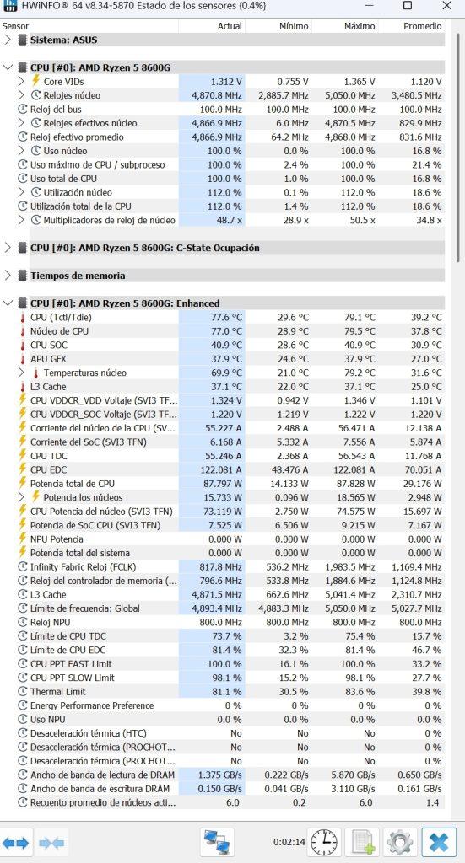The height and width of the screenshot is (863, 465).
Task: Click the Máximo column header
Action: tap(360, 26)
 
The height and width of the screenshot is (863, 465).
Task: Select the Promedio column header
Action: tap(423, 26)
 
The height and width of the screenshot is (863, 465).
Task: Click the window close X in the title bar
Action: tap(446, 6)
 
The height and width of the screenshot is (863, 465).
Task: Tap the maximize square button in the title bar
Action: tap(408, 6)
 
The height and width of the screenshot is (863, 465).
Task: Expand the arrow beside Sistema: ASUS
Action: tap(8, 40)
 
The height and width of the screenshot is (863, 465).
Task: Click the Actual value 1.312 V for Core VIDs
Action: tap(226, 82)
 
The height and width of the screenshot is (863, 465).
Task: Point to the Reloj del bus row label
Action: tap(56, 109)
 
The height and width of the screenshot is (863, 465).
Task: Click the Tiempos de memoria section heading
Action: tap(78, 276)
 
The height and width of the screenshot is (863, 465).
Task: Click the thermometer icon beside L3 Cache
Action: tap(23, 386)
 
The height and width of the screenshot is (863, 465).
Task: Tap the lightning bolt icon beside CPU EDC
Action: tap(23, 469)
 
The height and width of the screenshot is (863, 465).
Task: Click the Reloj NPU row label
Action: tap(54, 622)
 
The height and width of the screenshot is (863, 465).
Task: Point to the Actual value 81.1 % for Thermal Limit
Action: tap(227, 691)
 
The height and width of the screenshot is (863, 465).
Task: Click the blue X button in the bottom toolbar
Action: tap(439, 842)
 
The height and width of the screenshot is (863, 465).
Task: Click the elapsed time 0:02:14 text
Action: tap(289, 842)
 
